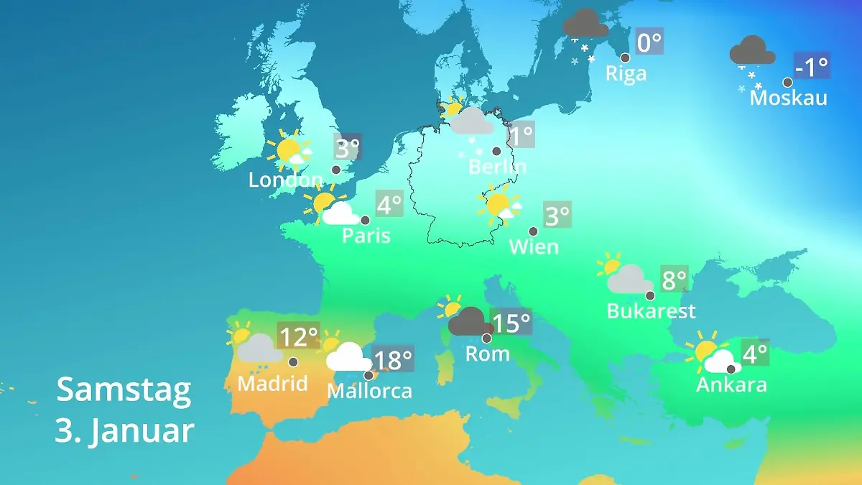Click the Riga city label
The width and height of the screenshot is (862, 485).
[x=626, y=73]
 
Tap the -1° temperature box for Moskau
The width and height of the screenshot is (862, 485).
[x=812, y=66]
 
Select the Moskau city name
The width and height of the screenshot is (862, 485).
[x=788, y=98]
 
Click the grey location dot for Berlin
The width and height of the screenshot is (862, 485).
[x=496, y=151]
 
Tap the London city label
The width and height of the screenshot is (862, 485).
[x=285, y=180]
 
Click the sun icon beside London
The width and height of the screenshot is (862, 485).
[x=289, y=150]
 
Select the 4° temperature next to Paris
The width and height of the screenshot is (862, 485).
[x=389, y=205]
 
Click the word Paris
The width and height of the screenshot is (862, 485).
[x=366, y=235]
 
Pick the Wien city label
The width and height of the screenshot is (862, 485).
[x=533, y=246]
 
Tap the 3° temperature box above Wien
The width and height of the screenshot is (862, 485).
[x=557, y=215]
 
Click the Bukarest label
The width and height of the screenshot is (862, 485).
[x=651, y=311]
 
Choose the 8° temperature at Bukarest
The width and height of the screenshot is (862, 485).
[x=674, y=279]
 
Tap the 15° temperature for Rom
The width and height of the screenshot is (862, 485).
[x=511, y=323]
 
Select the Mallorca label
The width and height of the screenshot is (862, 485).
[x=369, y=391]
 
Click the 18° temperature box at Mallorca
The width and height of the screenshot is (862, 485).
[x=393, y=359]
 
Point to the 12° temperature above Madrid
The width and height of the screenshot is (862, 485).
[x=298, y=336]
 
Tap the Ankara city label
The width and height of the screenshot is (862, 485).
[x=731, y=384]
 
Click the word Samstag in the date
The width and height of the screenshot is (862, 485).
[x=124, y=389]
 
